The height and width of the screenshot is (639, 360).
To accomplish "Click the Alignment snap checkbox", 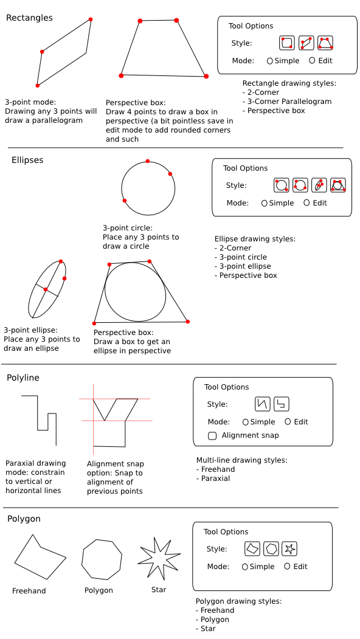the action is coord(212,436).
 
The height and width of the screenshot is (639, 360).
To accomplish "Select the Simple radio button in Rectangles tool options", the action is coord(270,61).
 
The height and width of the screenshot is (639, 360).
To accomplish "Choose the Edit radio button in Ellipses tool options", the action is coord(306,202).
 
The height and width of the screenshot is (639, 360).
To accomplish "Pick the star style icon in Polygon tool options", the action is coord(289,548).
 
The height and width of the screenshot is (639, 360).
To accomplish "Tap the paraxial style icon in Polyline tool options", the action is coord(282,404).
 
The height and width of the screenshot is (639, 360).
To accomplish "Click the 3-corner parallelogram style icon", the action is coord(306,43).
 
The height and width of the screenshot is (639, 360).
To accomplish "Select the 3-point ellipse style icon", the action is coord(319,185).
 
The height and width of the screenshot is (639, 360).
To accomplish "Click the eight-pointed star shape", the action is coord(159,558).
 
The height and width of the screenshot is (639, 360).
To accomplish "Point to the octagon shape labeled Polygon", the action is coord(102,559).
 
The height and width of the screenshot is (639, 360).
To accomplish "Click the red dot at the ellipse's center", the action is coord(46,289).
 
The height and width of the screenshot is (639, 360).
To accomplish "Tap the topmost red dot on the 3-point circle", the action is coord(148,161).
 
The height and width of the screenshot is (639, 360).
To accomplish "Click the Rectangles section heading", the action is coord(29,18).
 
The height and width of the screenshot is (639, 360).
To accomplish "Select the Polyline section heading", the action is coord(23,378).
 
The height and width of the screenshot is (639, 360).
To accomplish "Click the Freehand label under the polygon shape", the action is coord(29,591).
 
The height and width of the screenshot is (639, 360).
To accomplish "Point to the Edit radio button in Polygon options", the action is coord(287,566).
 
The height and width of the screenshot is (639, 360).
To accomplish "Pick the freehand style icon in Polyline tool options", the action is coord(263,404).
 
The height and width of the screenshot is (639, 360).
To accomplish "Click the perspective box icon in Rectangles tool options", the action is coord(325,43).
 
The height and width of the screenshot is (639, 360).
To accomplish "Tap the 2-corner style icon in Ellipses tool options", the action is coord(282,185).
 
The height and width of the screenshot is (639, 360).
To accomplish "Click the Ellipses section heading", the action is coord(27,160).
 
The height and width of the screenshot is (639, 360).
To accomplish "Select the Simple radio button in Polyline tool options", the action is coord(246,422).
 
